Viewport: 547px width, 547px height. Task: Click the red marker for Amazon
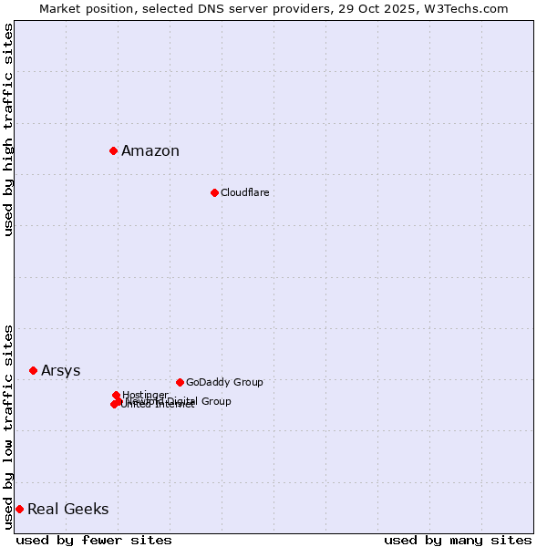click(x=113, y=150)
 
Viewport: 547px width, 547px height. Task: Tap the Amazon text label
click(x=150, y=151)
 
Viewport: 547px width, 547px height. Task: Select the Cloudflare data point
click(x=214, y=192)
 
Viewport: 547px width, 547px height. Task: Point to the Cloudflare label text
click(x=244, y=192)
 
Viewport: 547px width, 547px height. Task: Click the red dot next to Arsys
click(x=33, y=370)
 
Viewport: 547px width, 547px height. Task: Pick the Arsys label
click(x=60, y=371)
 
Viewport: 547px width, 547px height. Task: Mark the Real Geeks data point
click(x=19, y=509)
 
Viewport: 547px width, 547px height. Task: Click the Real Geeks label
click(x=67, y=510)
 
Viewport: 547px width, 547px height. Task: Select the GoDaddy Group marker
click(x=180, y=382)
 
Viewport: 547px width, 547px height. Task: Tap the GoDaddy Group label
click(x=224, y=383)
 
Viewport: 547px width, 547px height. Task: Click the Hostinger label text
click(x=145, y=395)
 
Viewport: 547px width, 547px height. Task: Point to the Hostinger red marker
click(x=116, y=395)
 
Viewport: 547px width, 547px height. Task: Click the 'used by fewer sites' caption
click(x=94, y=540)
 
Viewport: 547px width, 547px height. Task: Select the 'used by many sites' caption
click(x=458, y=540)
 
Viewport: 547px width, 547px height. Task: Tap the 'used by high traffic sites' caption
click(x=9, y=129)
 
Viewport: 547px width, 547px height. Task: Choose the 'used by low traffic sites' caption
click(x=9, y=426)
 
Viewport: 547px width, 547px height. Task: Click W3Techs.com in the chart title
click(x=470, y=8)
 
